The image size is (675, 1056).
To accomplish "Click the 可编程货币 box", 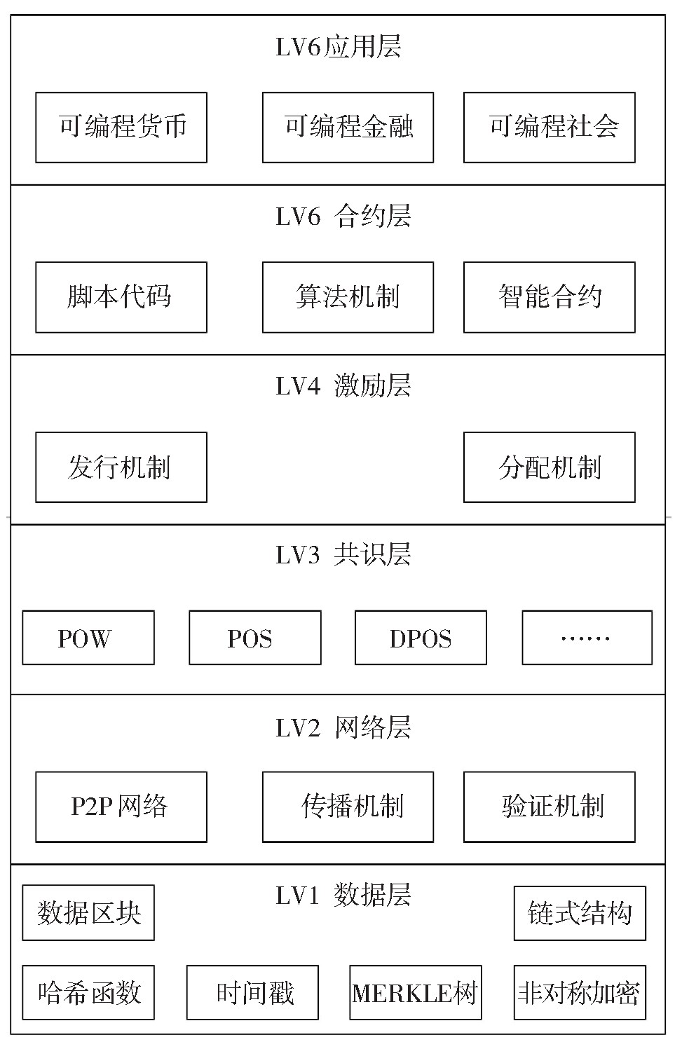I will pos(121,128).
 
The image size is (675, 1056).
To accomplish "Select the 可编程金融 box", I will pos(348,128).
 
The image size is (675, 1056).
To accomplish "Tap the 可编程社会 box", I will pos(549,128).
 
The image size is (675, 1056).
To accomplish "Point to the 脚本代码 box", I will pos(121,297).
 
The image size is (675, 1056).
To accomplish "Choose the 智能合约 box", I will pos(549,297).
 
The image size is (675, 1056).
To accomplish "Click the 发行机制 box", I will pos(121,467).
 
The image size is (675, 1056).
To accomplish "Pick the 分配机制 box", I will pos(549,467).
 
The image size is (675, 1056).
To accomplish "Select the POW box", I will pos(88,638).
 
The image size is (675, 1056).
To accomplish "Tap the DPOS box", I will pos(421,638).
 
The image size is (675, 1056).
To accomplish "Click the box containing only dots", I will pos(587,638).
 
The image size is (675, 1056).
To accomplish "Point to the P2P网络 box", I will pos(121,807).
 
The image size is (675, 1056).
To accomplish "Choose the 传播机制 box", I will pos(348,807).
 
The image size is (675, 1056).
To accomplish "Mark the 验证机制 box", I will pos(549,807).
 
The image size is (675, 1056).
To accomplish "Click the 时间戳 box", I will pos(252,992).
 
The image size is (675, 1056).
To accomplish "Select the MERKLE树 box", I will pos(416,992).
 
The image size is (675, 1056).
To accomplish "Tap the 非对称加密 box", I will pos(580,992).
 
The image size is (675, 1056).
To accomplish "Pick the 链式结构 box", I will pos(580,913).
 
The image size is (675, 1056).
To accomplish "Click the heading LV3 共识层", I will pos(343,555).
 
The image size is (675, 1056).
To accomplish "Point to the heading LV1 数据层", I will pos(343,896).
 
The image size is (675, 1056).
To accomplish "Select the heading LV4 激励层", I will pos(343,385).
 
